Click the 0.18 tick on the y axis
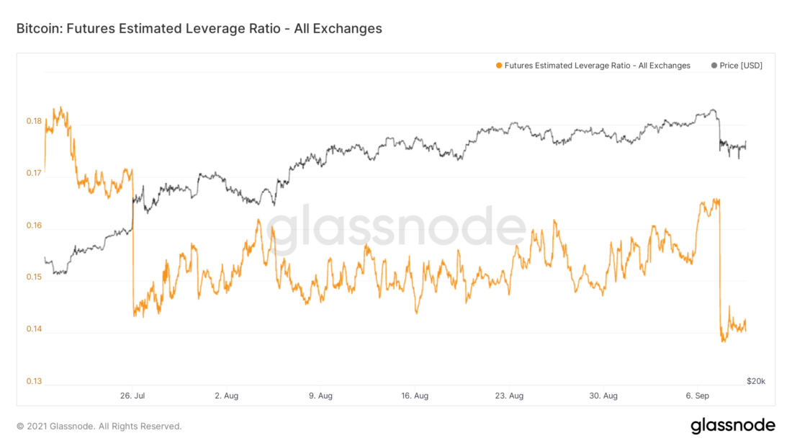pos(34,121)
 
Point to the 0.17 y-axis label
pos(34,173)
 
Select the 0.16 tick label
pos(34,226)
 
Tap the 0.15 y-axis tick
pos(34,277)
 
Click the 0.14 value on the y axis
pos(34,329)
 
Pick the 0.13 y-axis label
pos(34,381)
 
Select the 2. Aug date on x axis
pos(226,396)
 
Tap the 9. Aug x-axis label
pos(320,396)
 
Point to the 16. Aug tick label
pos(415,396)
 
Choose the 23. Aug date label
pos(509,396)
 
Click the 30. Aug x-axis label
pos(603,396)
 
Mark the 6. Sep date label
pos(697,396)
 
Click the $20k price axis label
pos(755,380)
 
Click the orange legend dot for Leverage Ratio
pos(499,66)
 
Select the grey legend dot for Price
pos(714,66)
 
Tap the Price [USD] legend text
pos(741,66)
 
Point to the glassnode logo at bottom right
pos(733,425)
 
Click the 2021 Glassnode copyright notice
pos(99,426)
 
